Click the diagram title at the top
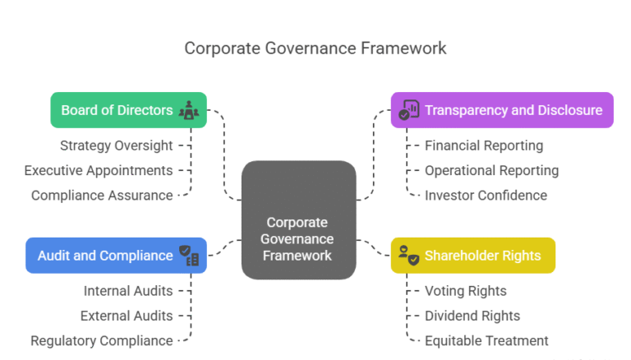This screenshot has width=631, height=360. [x=315, y=48]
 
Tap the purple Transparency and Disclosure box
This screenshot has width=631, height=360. [x=501, y=110]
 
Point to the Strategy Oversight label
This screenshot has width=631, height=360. [x=117, y=145]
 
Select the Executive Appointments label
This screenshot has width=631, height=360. [x=99, y=170]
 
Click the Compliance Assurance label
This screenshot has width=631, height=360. [x=102, y=196]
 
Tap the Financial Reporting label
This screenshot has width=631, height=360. [x=483, y=145]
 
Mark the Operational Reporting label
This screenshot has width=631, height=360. [x=491, y=170]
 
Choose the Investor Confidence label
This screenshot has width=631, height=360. [x=485, y=196]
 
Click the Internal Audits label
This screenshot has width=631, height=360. [x=128, y=291]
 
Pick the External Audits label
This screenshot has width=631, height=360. [x=127, y=316]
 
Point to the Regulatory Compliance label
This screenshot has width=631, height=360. [x=102, y=340]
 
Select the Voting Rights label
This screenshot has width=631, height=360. [x=465, y=291]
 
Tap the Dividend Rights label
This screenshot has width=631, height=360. [x=472, y=316]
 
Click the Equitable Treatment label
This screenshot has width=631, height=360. [x=486, y=340]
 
